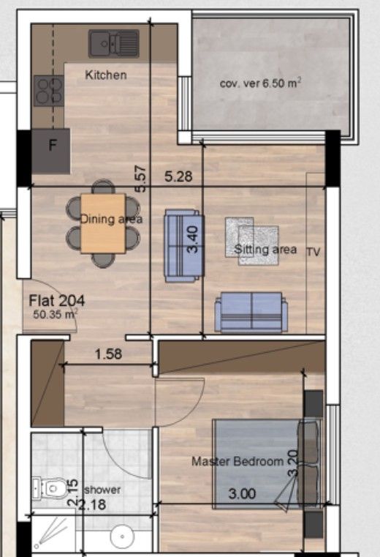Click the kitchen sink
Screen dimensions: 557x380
click(x=113, y=44)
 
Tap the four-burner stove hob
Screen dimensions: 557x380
click(x=48, y=91)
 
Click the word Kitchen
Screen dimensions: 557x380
click(x=106, y=75)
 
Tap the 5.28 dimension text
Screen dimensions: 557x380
click(x=179, y=176)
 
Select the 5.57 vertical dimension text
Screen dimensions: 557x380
click(x=142, y=178)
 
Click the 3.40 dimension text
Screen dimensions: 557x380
click(x=194, y=239)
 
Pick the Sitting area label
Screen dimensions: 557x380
click(x=265, y=250)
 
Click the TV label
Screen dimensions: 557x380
click(x=313, y=251)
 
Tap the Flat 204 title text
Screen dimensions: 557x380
click(x=57, y=300)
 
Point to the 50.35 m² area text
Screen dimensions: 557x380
click(x=56, y=314)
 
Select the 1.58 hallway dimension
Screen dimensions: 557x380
click(x=108, y=355)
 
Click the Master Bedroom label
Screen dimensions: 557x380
click(x=237, y=462)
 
